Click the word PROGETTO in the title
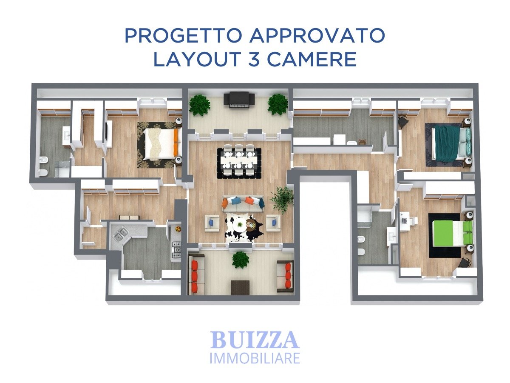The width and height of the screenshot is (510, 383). pos(183,36)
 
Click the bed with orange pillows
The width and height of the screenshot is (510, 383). pos(162,144)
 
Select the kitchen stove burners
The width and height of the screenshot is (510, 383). pos(176,250)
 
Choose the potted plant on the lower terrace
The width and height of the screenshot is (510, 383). pos(241,260)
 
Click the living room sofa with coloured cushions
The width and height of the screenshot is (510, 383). pos(243,204)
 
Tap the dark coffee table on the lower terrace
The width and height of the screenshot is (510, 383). pos(240,288)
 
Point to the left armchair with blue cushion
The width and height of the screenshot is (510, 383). pos(212,223)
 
